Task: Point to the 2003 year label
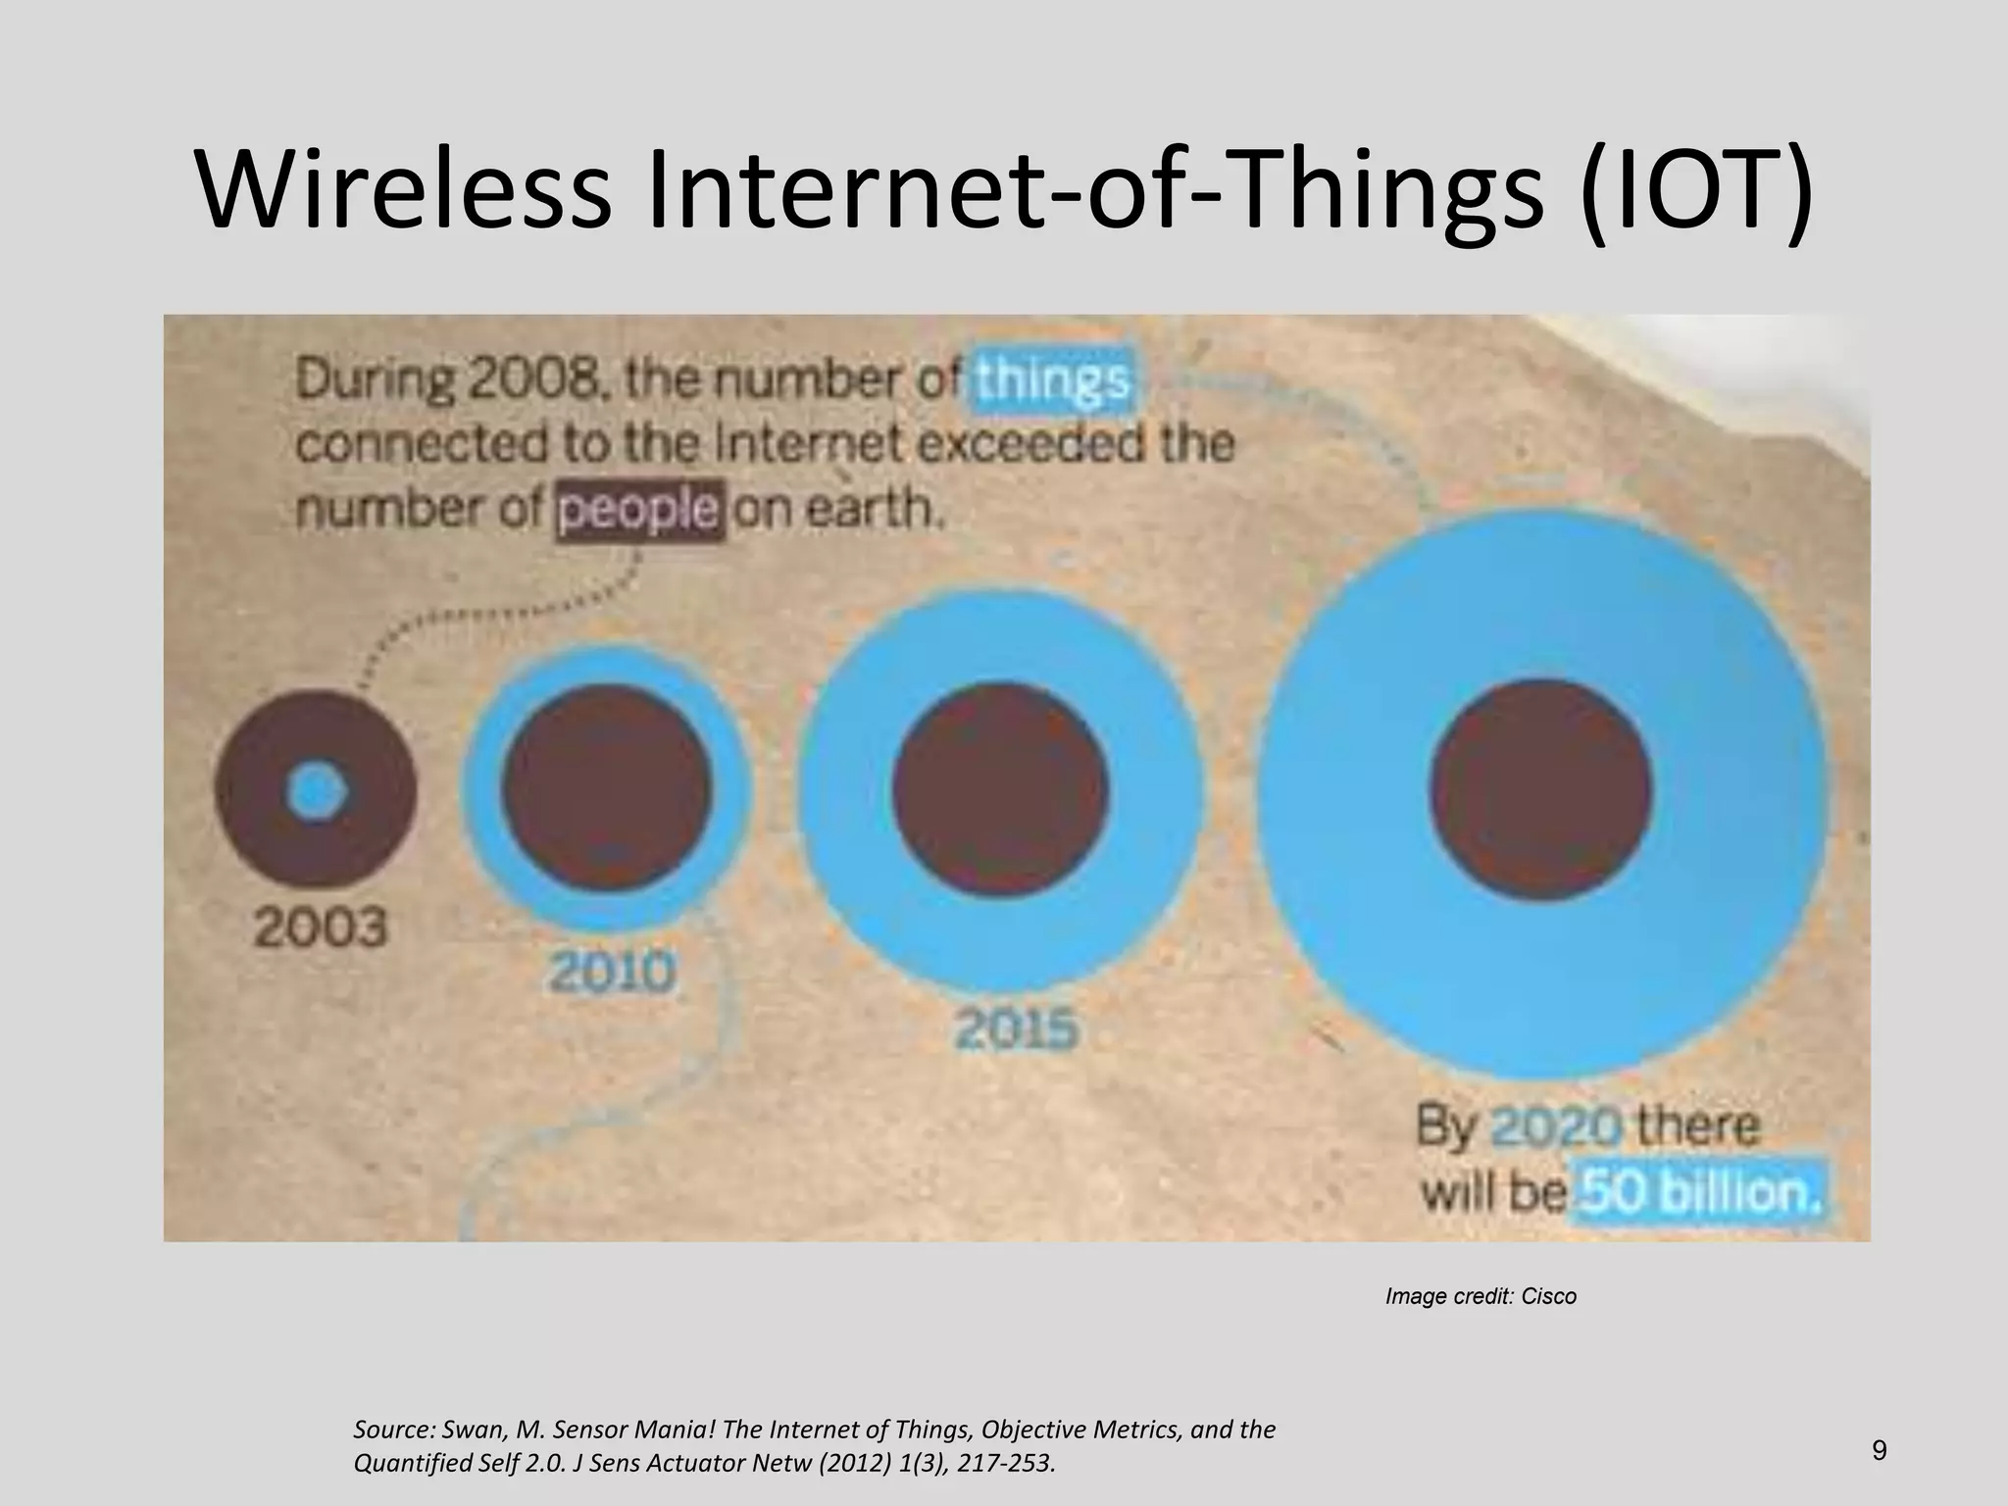[x=321, y=928]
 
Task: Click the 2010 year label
[x=612, y=973]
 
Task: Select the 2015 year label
[x=1016, y=1030]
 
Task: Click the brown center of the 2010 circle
[x=607, y=787]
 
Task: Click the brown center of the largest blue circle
[x=1540, y=790]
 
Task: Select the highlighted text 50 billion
[x=1701, y=1193]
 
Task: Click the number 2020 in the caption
[x=1556, y=1128]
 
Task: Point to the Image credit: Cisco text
[x=1480, y=1296]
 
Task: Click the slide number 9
[x=1879, y=1450]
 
